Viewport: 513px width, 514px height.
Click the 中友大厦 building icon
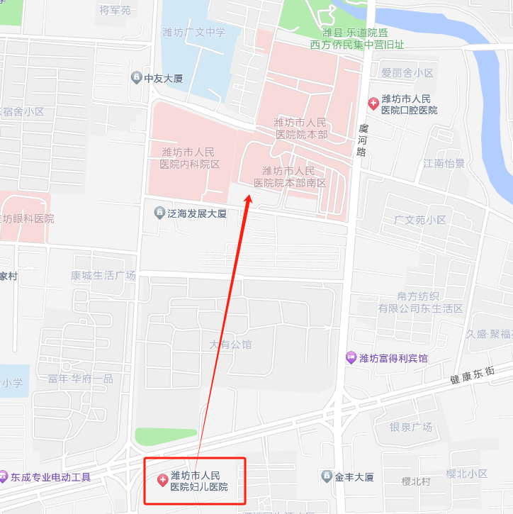136,77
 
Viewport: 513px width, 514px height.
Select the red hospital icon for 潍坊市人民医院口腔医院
373,104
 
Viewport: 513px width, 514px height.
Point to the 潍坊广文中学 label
193,31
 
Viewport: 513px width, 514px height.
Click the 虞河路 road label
363,140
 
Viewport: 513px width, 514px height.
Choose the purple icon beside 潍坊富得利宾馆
350,357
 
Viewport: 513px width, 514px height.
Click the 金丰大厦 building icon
326,476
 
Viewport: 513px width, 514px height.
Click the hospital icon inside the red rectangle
162,481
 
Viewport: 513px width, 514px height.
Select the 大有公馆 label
230,345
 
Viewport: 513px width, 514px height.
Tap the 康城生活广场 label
103,275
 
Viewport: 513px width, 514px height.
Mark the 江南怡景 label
444,163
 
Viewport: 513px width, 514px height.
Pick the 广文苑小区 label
420,220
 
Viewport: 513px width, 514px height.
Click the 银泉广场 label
410,427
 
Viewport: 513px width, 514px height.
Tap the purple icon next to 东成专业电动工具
4,477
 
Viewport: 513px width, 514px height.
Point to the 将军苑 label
115,10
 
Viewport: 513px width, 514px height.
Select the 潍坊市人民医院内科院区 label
191,157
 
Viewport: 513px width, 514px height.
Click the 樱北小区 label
467,473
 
